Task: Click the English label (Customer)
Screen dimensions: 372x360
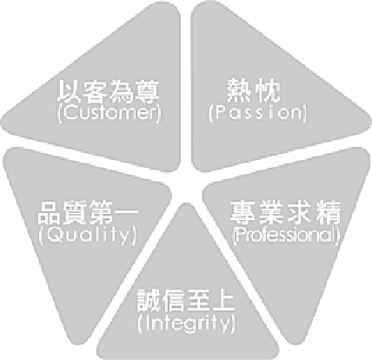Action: click(109, 113)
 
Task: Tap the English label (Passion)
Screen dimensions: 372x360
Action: click(257, 113)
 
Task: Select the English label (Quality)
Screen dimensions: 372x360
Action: click(87, 235)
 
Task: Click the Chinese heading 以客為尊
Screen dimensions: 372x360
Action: click(109, 92)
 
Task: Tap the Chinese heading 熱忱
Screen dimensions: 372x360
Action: click(254, 91)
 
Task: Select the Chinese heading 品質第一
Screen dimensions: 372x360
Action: click(88, 213)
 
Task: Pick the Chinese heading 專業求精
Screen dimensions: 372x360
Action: click(285, 212)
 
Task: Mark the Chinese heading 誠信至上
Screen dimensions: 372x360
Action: click(186, 301)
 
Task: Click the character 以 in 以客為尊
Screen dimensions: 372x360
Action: click(70, 92)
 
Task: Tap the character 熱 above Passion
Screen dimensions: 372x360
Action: click(239, 91)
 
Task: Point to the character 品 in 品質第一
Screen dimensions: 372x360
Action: click(50, 213)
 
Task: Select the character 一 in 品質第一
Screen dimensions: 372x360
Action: click(126, 213)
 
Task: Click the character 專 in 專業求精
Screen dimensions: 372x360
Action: click(242, 212)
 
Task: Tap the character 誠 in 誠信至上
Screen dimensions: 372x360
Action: click(149, 301)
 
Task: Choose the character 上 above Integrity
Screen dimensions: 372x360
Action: click(223, 301)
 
